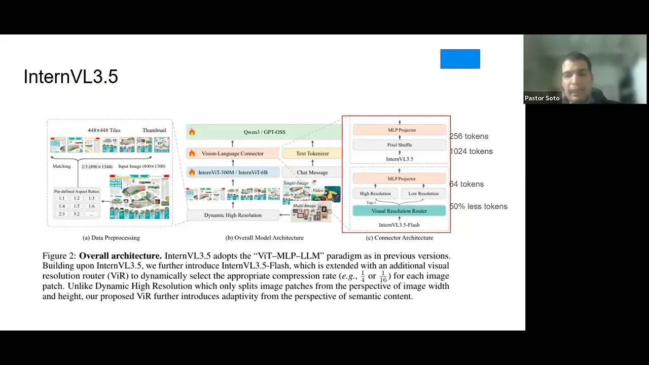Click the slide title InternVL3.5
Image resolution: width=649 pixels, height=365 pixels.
pyautogui.click(x=70, y=77)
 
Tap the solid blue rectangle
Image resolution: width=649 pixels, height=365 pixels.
pyautogui.click(x=460, y=59)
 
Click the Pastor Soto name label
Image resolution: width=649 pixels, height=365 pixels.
pyautogui.click(x=542, y=98)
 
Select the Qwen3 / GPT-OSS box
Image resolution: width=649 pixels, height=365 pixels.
pyautogui.click(x=264, y=132)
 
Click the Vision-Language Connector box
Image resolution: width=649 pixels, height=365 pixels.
pyautogui.click(x=233, y=154)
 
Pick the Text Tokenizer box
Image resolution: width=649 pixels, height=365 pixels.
pyautogui.click(x=312, y=154)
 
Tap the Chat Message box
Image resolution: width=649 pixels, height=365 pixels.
pyautogui.click(x=312, y=172)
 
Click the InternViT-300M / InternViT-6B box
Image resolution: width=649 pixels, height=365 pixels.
pyautogui.click(x=233, y=172)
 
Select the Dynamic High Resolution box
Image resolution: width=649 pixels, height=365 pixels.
pyautogui.click(x=233, y=215)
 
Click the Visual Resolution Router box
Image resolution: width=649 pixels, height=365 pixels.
pyautogui.click(x=399, y=211)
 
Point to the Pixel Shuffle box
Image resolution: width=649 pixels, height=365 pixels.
pyautogui.click(x=400, y=145)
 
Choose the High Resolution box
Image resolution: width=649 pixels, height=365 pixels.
pyautogui.click(x=375, y=194)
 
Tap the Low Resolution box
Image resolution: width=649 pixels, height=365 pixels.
pyautogui.click(x=423, y=194)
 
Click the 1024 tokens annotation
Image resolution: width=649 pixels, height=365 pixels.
pyautogui.click(x=471, y=152)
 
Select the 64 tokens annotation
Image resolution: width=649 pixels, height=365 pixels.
pyautogui.click(x=466, y=185)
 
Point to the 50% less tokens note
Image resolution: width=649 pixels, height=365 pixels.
pyautogui.click(x=478, y=207)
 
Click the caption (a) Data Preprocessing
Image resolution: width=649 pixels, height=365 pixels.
pyautogui.click(x=111, y=238)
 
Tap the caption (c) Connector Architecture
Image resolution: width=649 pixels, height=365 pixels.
pyautogui.click(x=400, y=238)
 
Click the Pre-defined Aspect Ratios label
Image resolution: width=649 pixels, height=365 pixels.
pyautogui.click(x=77, y=192)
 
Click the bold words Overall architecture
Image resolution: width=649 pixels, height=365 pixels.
pyautogui.click(x=120, y=256)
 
